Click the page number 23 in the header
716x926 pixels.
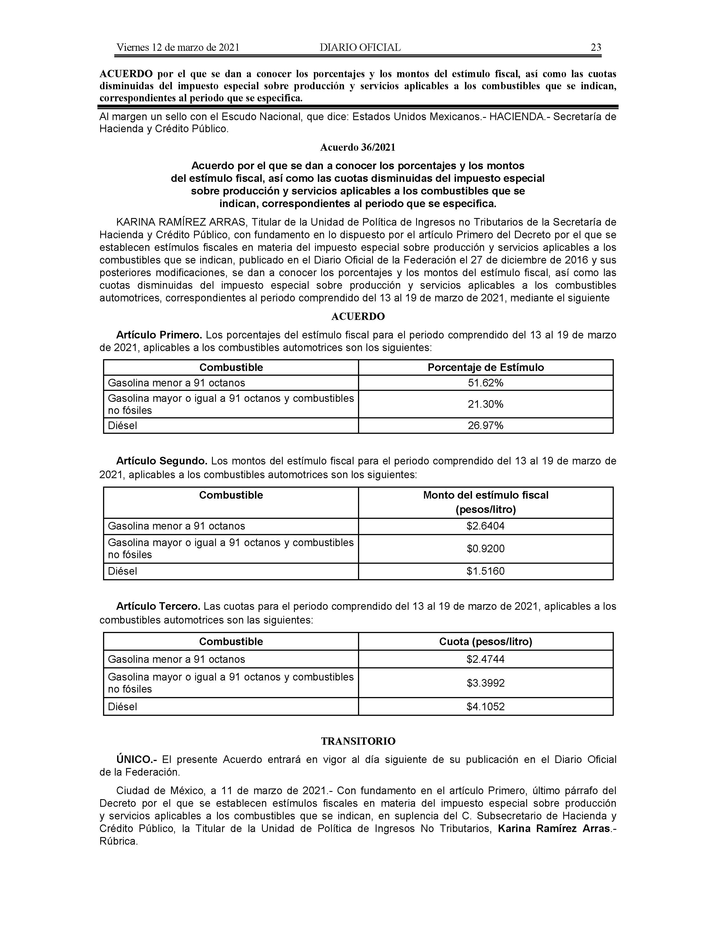coord(596,47)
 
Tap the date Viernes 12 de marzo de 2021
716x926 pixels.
coord(178,47)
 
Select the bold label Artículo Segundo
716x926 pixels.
coord(162,461)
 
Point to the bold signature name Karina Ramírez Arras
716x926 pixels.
coord(553,828)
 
